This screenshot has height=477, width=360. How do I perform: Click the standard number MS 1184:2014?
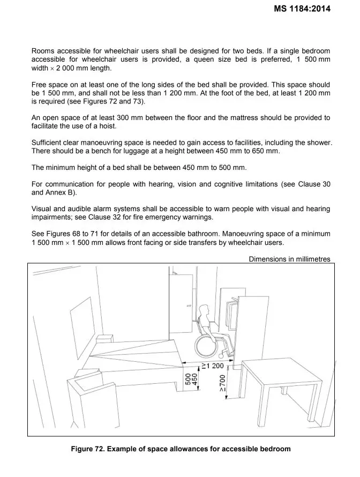(x=301, y=8)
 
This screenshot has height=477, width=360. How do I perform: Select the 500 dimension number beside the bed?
(x=187, y=379)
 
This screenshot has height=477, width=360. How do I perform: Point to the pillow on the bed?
(x=105, y=339)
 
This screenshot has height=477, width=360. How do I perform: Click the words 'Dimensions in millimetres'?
(x=289, y=259)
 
